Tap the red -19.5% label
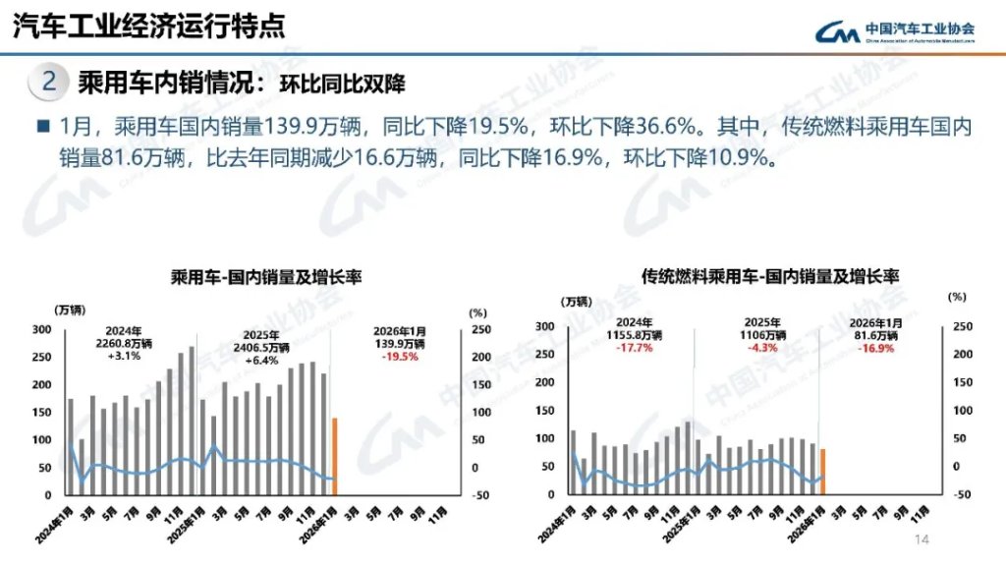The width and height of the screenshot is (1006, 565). point(400,357)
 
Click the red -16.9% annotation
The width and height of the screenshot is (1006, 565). point(875,348)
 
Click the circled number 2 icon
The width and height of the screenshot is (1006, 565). point(47,81)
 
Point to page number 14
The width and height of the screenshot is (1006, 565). point(922,539)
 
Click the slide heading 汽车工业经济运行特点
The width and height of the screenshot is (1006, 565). point(147,27)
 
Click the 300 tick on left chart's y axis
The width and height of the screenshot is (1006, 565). point(44,328)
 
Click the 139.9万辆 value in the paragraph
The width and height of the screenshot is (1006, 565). point(294,127)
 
